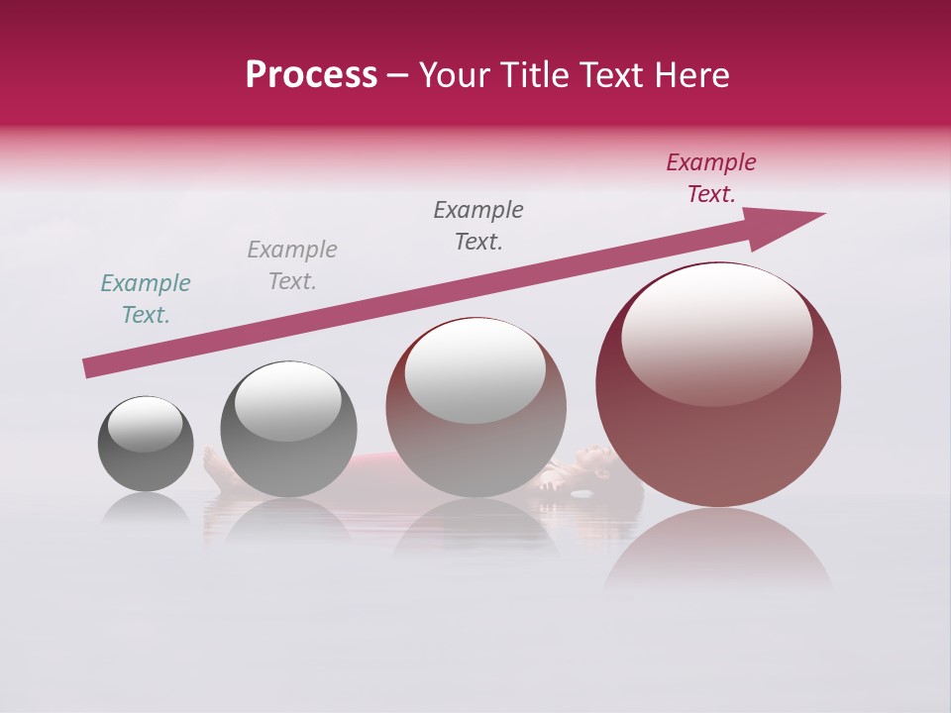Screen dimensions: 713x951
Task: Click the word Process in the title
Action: pyautogui.click(x=311, y=75)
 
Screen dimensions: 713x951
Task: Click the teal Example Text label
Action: pyautogui.click(x=146, y=299)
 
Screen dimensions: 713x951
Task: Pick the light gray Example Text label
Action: pyautogui.click(x=292, y=265)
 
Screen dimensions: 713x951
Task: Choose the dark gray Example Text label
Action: pyautogui.click(x=478, y=226)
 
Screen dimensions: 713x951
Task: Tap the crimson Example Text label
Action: pyautogui.click(x=710, y=178)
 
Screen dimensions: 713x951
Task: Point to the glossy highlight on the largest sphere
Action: pyautogui.click(x=716, y=332)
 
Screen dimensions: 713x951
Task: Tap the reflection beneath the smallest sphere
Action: pyautogui.click(x=146, y=509)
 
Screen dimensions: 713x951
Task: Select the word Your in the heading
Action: pyautogui.click(x=458, y=75)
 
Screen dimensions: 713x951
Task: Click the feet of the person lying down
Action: pyautogui.click(x=212, y=463)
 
